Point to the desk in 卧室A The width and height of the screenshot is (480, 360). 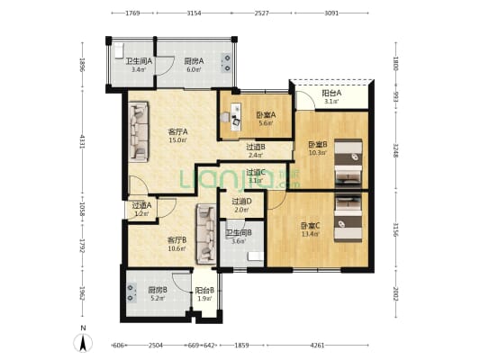pos(235,115)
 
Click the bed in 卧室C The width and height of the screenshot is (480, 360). pos(348,216)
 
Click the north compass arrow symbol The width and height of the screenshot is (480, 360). pos(83,341)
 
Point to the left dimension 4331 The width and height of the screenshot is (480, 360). pos(81,141)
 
